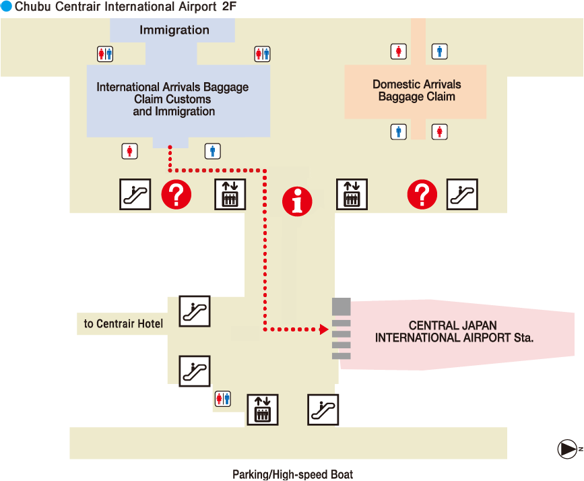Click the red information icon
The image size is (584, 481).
pos(297,201)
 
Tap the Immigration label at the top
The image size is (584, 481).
pos(174,30)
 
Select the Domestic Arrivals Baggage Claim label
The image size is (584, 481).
pos(416,90)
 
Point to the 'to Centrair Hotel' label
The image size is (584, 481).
pos(123,324)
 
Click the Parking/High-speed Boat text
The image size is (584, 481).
pos(292,474)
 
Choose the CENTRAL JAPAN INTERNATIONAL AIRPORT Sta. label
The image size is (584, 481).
pos(454,331)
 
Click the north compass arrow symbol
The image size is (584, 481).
pos(567,449)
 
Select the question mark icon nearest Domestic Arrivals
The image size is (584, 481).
pos(422,195)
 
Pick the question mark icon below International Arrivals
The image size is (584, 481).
pos(176,195)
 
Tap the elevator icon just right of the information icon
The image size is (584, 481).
pos(352,195)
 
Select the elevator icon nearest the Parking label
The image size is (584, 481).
pos(263,409)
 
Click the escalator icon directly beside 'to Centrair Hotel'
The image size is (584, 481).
pos(195,311)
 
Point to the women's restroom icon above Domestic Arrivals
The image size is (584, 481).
pos(399,51)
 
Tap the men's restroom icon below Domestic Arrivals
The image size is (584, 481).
pos(399,131)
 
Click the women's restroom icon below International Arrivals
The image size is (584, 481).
pos(129,151)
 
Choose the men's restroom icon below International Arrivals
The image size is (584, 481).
pos(213,151)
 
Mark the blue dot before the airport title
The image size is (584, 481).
pos(6,7)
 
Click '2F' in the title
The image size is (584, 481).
pos(229,7)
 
